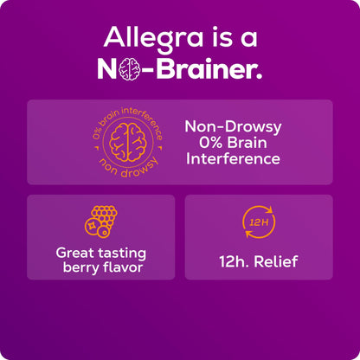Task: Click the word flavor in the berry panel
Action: (x=123, y=267)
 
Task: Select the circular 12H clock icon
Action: (x=257, y=223)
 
